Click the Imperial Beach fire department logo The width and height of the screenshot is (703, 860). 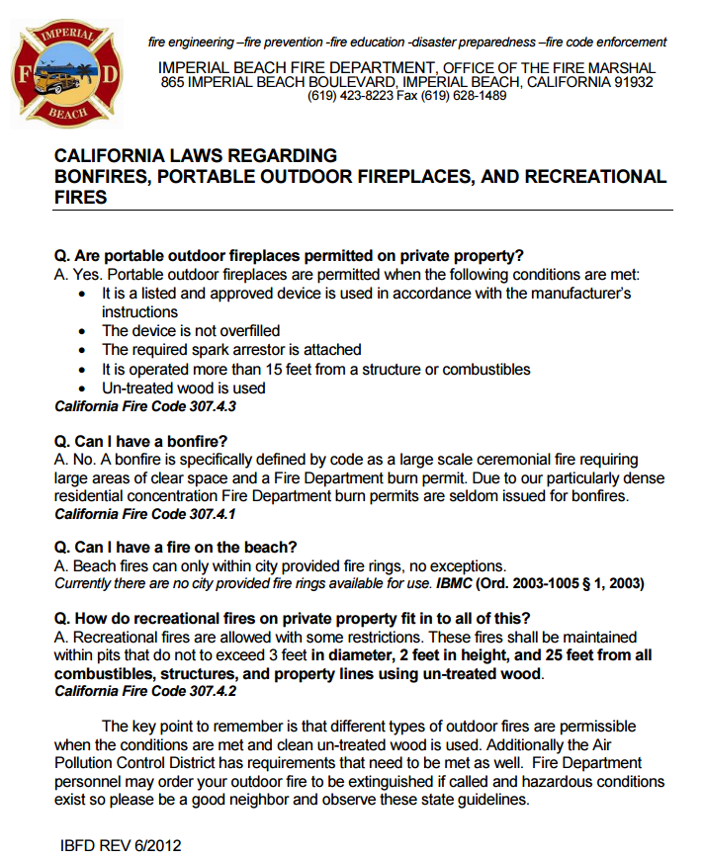click(x=66, y=75)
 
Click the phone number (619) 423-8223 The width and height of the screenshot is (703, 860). click(x=351, y=96)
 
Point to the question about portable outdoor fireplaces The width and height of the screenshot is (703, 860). click(x=289, y=254)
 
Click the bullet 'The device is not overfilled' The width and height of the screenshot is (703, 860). click(x=191, y=330)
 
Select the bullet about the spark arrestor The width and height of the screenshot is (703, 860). click(x=231, y=349)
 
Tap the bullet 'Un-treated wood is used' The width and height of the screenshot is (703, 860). click(x=183, y=387)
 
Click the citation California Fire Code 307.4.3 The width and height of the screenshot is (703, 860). click(x=145, y=406)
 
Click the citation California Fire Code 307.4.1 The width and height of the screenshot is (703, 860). click(x=145, y=514)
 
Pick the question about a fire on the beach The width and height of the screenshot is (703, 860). click(x=176, y=548)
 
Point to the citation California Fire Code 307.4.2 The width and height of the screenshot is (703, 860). click(x=145, y=692)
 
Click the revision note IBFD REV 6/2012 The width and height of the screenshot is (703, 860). click(x=121, y=845)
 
